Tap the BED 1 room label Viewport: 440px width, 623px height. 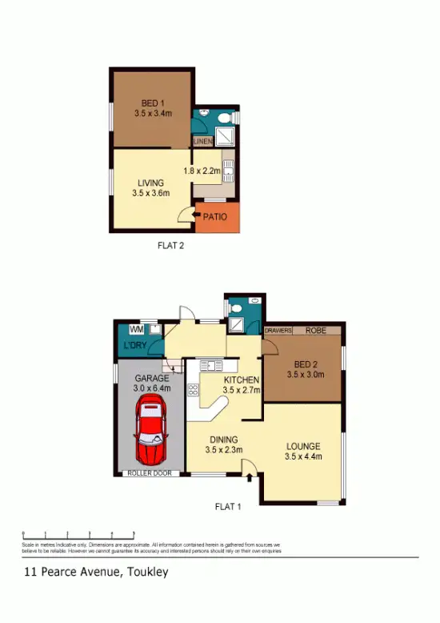(152, 102)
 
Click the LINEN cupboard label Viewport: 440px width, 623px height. (202, 142)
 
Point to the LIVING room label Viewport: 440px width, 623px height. (152, 183)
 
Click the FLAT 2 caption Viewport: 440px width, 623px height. (171, 247)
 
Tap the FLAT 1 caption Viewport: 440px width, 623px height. (228, 506)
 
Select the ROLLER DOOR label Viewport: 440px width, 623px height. (150, 473)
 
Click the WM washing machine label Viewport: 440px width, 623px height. (136, 328)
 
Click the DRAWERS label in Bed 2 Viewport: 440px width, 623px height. (279, 329)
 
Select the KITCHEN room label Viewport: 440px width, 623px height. (241, 380)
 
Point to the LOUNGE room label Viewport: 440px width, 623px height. (302, 446)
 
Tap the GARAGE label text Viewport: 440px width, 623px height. (150, 378)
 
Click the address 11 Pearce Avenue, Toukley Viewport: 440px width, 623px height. (96, 573)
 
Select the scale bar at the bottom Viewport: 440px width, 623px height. (78, 534)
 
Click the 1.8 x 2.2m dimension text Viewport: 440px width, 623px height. (201, 171)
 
